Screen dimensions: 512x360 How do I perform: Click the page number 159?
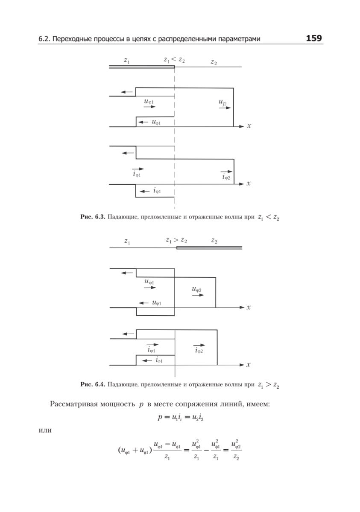[314, 38]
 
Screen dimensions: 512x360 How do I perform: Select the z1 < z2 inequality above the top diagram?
[174, 61]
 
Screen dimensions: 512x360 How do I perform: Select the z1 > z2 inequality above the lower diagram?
[176, 241]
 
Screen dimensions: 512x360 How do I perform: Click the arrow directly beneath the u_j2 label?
[224, 108]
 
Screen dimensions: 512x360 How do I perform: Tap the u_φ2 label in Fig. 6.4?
[197, 290]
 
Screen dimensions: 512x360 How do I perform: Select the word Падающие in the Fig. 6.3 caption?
[122, 217]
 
